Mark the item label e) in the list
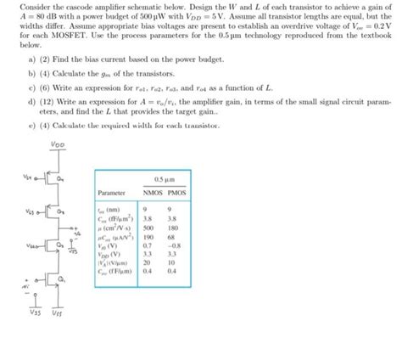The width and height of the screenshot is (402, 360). click(31, 126)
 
